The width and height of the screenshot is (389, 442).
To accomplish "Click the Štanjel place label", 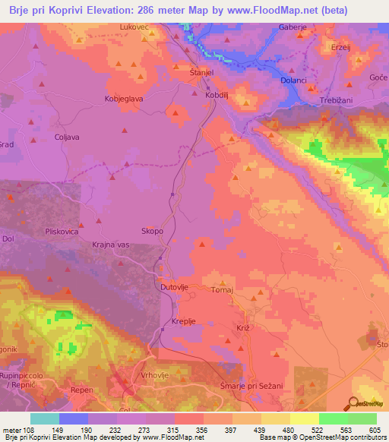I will (201, 73).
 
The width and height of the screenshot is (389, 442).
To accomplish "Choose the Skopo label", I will (153, 232).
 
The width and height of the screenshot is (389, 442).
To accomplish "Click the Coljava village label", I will (48, 137).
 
